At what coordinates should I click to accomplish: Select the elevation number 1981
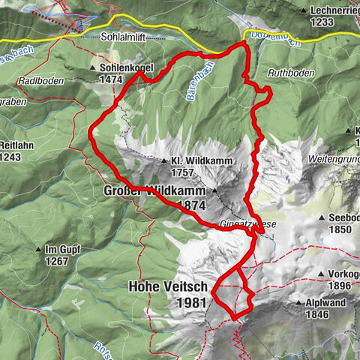pos(191,302)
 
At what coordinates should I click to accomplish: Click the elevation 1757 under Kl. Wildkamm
pos(182,172)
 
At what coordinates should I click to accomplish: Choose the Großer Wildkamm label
pos(150,191)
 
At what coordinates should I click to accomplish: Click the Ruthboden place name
pos(290,73)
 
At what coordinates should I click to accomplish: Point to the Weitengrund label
pos(333,160)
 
